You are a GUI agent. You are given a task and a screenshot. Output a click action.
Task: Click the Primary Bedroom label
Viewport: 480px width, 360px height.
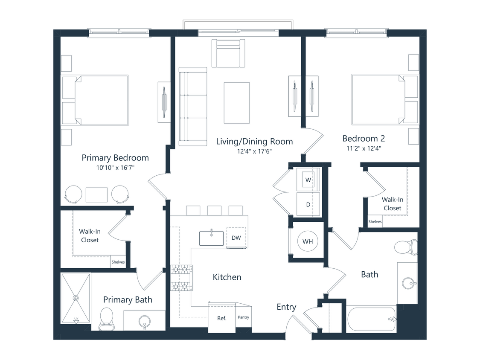(x=115, y=158)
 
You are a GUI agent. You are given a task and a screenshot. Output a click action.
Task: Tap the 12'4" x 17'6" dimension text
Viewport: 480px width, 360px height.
(x=254, y=151)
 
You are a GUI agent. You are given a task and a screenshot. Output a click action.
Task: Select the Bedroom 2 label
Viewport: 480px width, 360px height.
(x=364, y=139)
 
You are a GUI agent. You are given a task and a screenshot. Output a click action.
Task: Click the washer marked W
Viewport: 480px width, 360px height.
(x=308, y=180)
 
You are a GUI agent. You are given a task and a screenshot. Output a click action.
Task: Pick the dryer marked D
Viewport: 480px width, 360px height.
(x=308, y=204)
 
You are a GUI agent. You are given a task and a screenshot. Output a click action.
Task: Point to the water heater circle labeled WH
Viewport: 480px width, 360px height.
(x=308, y=241)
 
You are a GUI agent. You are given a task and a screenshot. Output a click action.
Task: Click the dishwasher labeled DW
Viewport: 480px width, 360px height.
(x=236, y=238)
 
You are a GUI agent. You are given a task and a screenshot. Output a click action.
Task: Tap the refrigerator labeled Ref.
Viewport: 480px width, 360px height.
(x=221, y=318)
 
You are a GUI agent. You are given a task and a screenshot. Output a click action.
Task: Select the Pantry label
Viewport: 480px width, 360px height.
(x=243, y=317)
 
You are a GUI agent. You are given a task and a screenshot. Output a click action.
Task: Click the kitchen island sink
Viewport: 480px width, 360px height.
(x=212, y=238)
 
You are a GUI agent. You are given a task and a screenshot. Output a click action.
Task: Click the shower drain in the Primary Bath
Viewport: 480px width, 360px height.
(x=76, y=297)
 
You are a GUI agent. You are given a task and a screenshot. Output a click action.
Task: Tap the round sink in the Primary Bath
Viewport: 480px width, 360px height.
(x=145, y=321)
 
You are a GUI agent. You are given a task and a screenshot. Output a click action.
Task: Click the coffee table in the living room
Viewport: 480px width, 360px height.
(x=237, y=103)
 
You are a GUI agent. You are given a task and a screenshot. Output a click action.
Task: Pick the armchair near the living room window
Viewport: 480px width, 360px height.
(x=230, y=54)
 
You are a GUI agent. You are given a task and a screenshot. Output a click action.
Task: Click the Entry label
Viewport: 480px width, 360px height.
(x=286, y=307)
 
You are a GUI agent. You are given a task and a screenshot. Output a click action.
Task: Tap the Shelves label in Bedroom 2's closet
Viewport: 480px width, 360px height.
(x=375, y=222)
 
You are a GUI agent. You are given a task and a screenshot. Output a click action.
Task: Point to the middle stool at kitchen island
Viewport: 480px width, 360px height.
(x=214, y=211)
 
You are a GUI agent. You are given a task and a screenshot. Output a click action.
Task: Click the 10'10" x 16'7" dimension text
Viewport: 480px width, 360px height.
(x=115, y=168)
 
